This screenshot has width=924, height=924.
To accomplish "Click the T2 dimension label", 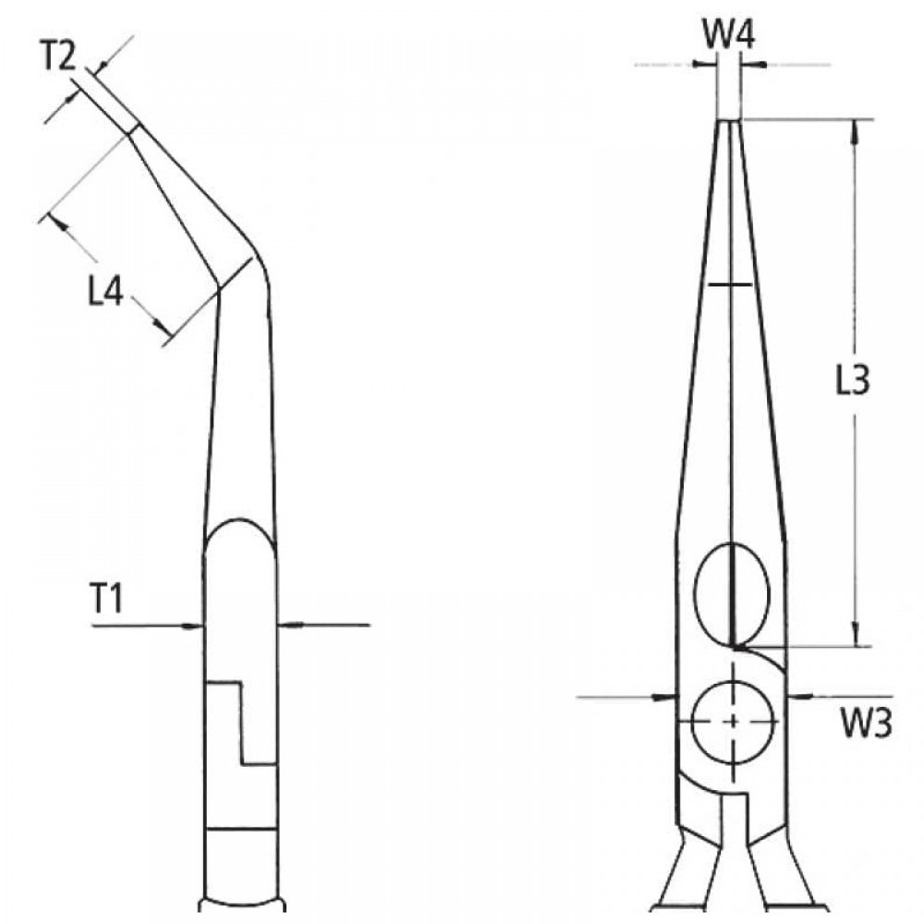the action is click(57, 57).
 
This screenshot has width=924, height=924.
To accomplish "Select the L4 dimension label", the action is click(105, 292).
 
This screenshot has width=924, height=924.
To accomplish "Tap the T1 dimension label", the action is click(105, 598).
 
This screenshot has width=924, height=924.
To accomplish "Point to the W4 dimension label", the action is click(728, 35).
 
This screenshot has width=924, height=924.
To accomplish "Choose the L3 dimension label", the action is click(853, 380).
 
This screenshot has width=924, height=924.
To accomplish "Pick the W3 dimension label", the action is click(866, 724).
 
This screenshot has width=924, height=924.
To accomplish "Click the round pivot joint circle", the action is click(733, 721).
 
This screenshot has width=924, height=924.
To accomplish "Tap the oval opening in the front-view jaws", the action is click(733, 594).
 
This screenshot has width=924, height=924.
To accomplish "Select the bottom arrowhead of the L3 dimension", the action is click(856, 634).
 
